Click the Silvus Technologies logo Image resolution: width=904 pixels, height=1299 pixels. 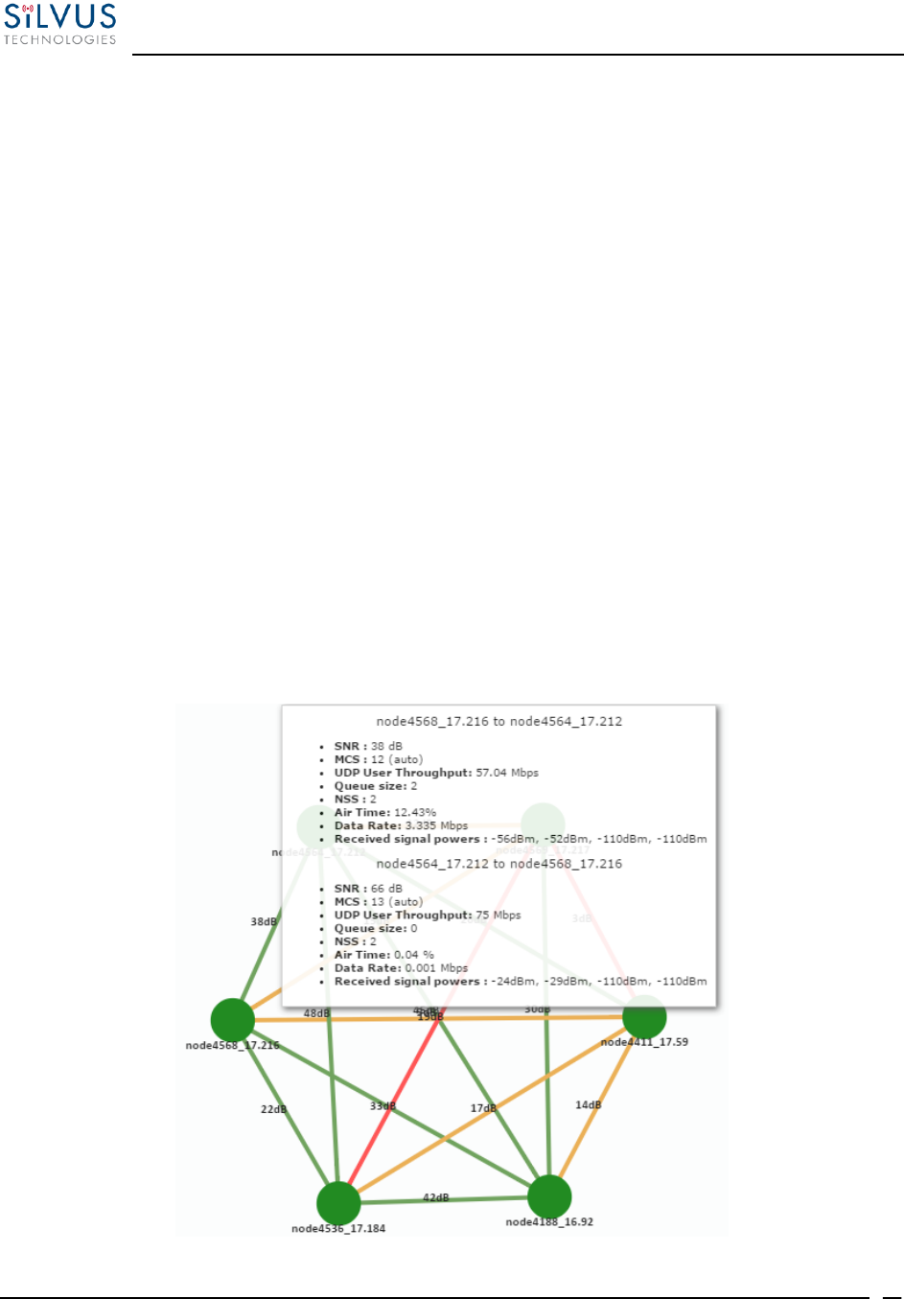(x=59, y=24)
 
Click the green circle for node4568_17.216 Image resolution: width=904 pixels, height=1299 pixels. (x=232, y=1019)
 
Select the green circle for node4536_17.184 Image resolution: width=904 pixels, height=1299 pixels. (x=338, y=1202)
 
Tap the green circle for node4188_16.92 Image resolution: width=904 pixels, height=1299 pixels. (x=549, y=1196)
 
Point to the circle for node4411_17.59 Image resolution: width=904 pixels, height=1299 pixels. (x=644, y=1017)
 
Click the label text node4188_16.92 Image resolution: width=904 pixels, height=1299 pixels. (x=549, y=1222)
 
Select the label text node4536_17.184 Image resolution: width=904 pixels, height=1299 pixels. (x=338, y=1228)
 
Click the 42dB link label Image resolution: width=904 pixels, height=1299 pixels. (x=436, y=1197)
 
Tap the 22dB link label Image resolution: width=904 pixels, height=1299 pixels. (x=273, y=1109)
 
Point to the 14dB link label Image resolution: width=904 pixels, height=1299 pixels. (x=588, y=1104)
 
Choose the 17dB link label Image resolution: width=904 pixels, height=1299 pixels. (x=483, y=1108)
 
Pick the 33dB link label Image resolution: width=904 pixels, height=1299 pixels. (x=382, y=1106)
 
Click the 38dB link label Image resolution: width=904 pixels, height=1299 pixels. (x=264, y=921)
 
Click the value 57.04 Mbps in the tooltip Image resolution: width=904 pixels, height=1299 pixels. (x=507, y=773)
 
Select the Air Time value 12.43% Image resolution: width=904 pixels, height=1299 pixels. (x=415, y=812)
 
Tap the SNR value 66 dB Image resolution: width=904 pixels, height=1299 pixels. (x=386, y=889)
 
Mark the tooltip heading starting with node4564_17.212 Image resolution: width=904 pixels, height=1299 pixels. (x=498, y=864)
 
